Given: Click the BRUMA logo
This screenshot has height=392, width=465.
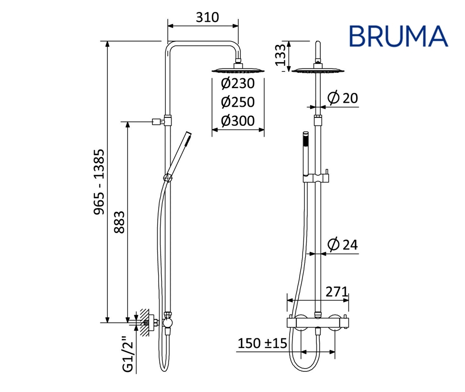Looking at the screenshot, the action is [398, 36].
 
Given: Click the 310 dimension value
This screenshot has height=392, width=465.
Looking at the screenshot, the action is [207, 18].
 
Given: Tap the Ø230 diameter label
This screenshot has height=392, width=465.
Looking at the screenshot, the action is [238, 83].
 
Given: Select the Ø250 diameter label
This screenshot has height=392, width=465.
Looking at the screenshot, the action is [238, 102].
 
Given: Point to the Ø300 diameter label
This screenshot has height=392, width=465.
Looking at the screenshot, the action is [238, 121].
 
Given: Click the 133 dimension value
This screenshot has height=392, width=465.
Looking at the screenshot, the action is [280, 55].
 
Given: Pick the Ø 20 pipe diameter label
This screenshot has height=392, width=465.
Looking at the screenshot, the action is [343, 98].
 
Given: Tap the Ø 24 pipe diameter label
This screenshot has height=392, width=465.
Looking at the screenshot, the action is [343, 245].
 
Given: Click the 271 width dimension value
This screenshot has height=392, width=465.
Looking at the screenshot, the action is [336, 292].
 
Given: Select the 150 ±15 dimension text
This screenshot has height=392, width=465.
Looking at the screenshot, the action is [262, 343].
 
